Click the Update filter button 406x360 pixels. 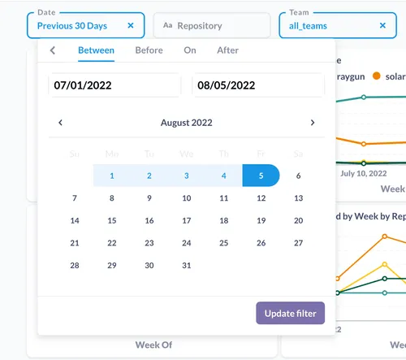coord(291,313)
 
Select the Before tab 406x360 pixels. coord(149,50)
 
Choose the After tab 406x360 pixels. coord(228,50)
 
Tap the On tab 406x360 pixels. coord(189,50)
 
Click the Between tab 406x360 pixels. coord(96,50)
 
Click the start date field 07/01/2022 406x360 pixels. coord(114,85)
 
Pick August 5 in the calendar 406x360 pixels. coord(261,176)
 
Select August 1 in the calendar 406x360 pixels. coord(112,176)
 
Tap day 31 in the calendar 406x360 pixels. coord(187,266)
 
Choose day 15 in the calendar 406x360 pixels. coord(112,220)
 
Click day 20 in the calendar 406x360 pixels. coord(298,220)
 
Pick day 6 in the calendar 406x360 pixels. coord(298,176)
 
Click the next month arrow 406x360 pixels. coord(313,123)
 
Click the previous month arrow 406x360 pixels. coord(60,123)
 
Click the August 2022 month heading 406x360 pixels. coord(186,123)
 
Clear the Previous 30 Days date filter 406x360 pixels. coord(131,26)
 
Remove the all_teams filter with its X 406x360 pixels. coord(382,26)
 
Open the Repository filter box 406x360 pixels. coord(211,26)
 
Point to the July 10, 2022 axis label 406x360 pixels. coord(364,173)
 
